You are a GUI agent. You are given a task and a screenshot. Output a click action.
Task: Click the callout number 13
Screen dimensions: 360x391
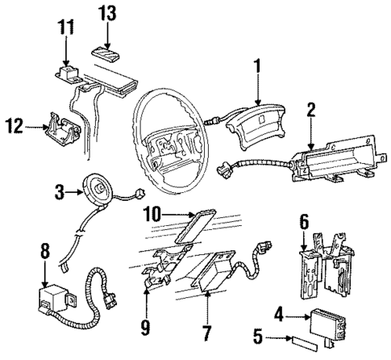point(107,13)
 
